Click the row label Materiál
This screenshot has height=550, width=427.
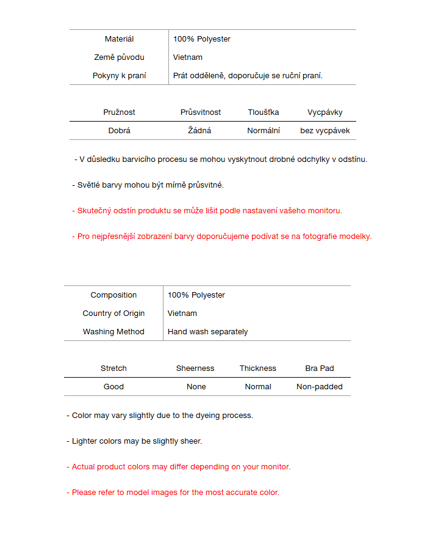coord(119,39)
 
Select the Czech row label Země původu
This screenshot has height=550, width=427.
coord(119,57)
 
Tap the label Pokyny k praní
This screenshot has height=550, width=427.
coord(119,76)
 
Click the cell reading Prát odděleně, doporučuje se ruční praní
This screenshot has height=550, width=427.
coord(248,76)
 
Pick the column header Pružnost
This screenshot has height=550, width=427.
coord(119,112)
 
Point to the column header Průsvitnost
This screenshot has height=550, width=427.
coord(201,112)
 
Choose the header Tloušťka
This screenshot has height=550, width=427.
coord(264,112)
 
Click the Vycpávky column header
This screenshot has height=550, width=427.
coord(325,112)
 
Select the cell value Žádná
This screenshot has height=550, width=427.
coord(201,131)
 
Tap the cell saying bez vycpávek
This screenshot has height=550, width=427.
coord(325,131)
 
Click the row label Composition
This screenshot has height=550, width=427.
coord(113,295)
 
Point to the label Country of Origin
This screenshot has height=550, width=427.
coord(113,313)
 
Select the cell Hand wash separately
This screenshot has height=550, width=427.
coord(207,332)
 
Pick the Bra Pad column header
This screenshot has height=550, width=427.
coord(320,369)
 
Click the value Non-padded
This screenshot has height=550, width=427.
coord(320,387)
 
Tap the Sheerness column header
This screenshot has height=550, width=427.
coord(195,369)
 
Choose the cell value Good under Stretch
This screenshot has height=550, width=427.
coord(113,387)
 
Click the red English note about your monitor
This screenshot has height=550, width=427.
coord(179,467)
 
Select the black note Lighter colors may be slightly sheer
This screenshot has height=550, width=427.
coord(134,441)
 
